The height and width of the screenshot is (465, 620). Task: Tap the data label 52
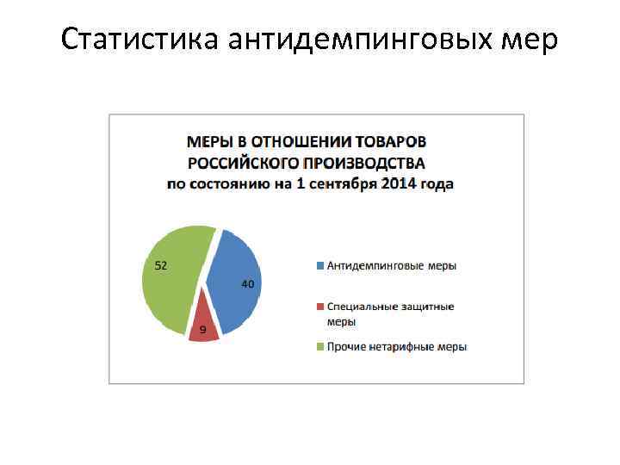(161, 265)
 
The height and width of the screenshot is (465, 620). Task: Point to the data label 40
(247, 284)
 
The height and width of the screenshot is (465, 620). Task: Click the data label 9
(202, 330)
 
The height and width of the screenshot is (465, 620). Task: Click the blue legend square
(320, 265)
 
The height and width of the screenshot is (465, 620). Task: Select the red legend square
(320, 307)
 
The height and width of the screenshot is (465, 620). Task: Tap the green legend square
(320, 347)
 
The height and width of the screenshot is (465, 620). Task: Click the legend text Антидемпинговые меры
(392, 265)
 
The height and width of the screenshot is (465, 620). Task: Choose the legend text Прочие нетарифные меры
(397, 347)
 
